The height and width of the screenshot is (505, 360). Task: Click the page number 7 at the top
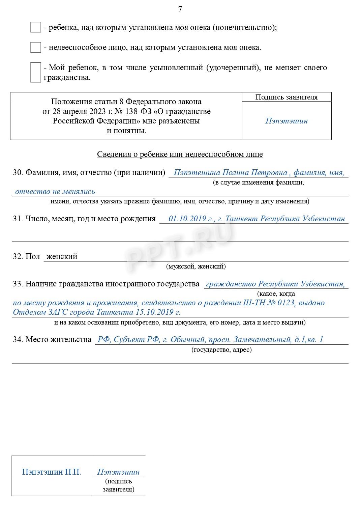180,9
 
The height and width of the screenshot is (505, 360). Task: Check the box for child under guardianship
35,27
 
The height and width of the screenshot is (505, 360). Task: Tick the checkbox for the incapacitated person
35,47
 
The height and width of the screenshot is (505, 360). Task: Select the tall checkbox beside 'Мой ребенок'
35,72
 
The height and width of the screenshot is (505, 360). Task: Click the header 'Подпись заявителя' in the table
287,97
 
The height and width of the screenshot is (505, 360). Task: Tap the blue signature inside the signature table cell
287,121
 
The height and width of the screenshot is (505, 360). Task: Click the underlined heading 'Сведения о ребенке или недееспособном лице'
180,154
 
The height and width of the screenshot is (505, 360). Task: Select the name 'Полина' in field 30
233,173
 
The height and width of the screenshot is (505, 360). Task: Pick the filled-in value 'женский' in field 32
62,256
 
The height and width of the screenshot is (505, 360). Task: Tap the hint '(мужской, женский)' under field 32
196,266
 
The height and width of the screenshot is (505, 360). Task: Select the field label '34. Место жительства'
52,339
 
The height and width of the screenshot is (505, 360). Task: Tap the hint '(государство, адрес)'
221,349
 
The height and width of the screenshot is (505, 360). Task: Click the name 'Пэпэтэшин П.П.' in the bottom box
52,472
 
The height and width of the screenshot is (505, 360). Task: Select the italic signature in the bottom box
118,472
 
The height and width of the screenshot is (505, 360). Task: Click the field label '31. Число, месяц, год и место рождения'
84,219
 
